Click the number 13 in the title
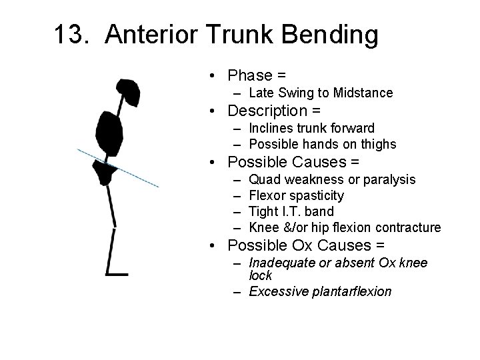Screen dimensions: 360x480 68,35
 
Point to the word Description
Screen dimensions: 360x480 265,110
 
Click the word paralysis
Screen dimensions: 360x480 389,179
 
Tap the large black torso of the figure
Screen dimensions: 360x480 109,133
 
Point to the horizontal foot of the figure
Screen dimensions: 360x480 117,273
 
